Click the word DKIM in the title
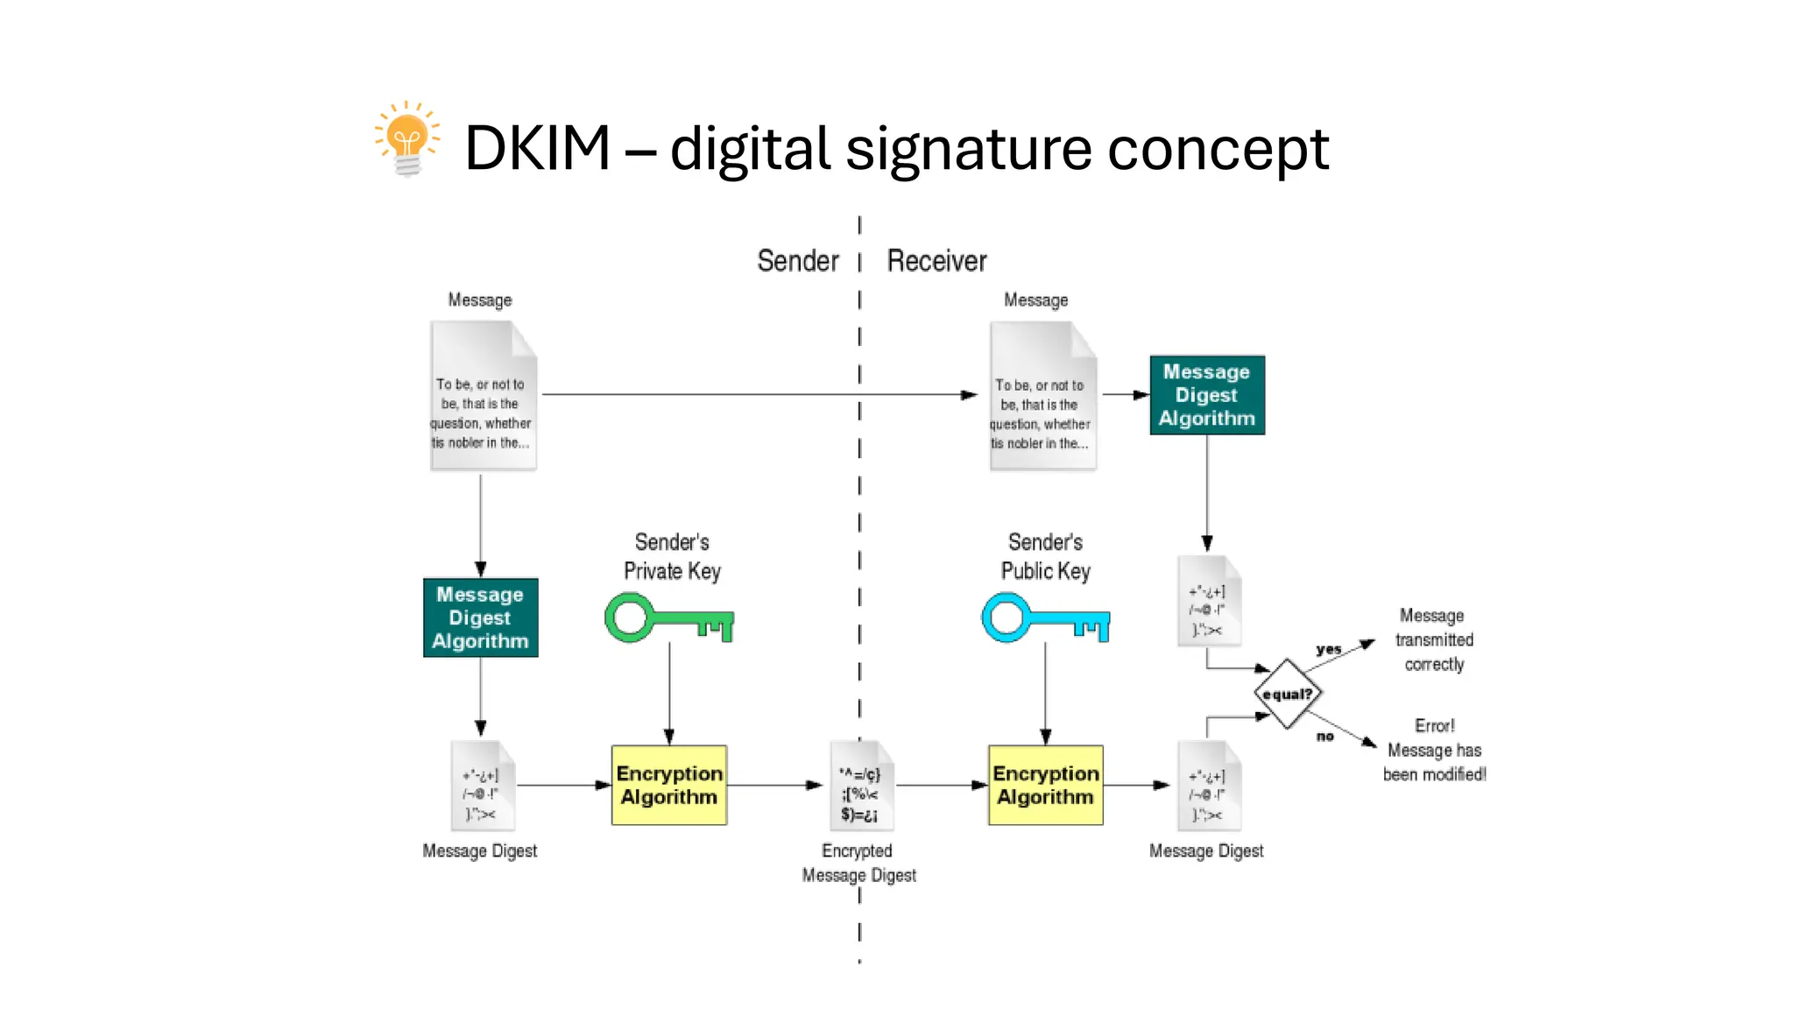click(537, 148)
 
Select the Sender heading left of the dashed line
click(797, 261)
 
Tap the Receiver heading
click(936, 261)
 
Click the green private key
click(669, 618)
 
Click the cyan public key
click(1045, 618)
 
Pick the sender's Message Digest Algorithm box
click(480, 617)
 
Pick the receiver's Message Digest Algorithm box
click(1206, 395)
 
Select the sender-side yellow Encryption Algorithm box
click(669, 785)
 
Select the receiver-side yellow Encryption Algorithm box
click(1045, 785)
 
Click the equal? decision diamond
click(1287, 694)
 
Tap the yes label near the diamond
click(1328, 650)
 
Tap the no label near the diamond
click(1324, 737)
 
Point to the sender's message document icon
click(483, 396)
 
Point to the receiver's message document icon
click(1042, 396)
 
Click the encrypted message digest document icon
click(860, 786)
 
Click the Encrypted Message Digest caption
click(858, 863)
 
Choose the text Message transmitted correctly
click(1434, 640)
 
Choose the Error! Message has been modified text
click(1434, 751)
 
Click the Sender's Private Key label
click(672, 557)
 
